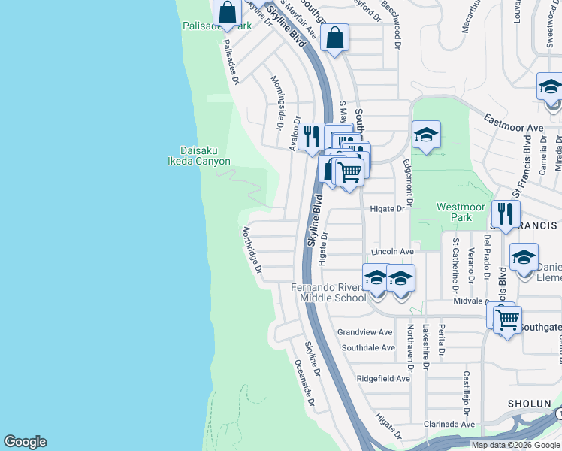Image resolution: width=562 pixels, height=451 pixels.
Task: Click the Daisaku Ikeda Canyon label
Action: tap(198, 155)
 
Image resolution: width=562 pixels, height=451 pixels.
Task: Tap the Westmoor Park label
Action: tap(455, 212)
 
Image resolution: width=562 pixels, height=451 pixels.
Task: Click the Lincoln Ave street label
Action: tap(391, 251)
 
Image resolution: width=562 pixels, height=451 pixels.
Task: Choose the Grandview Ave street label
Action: tap(365, 332)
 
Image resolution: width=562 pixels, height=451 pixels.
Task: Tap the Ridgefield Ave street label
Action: tap(383, 378)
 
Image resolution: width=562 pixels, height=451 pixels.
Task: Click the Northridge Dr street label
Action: tap(252, 250)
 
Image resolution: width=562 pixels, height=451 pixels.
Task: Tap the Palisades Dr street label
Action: tap(229, 62)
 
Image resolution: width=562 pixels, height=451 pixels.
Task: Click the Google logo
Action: tap(25, 442)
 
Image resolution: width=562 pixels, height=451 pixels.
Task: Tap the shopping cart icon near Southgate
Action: tap(508, 319)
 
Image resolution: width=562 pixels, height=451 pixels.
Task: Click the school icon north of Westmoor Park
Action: tap(426, 135)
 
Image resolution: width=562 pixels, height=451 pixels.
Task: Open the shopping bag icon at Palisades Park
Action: tap(227, 12)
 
